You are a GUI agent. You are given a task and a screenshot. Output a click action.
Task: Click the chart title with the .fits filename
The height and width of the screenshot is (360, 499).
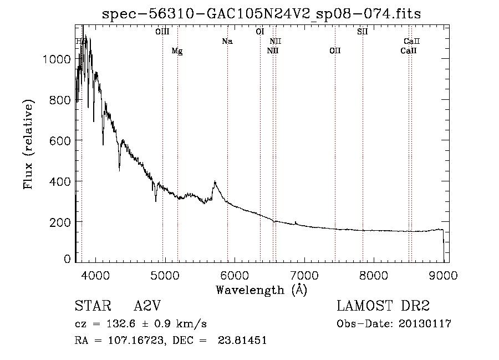tap(261, 14)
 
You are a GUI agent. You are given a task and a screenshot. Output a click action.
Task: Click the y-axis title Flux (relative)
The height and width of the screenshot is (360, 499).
tap(28, 144)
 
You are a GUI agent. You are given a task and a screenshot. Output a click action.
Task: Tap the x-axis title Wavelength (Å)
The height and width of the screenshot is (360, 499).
tap(261, 290)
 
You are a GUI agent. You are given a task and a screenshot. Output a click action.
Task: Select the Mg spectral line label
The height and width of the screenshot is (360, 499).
tap(177, 51)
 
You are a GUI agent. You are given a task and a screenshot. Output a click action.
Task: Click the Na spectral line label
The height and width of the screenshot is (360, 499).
tap(227, 41)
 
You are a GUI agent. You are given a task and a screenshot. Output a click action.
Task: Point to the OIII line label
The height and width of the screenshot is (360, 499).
tap(162, 32)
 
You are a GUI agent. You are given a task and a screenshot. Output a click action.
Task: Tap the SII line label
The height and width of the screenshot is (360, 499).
tap(363, 32)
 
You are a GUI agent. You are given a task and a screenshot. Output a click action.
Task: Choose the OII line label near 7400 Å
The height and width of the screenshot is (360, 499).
tap(335, 51)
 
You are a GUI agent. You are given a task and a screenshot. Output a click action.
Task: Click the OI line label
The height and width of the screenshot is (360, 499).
tap(259, 32)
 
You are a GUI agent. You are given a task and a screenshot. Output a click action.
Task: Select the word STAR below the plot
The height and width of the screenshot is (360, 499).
tap(92, 307)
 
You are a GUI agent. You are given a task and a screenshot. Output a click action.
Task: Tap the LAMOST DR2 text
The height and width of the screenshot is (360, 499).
tap(383, 307)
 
